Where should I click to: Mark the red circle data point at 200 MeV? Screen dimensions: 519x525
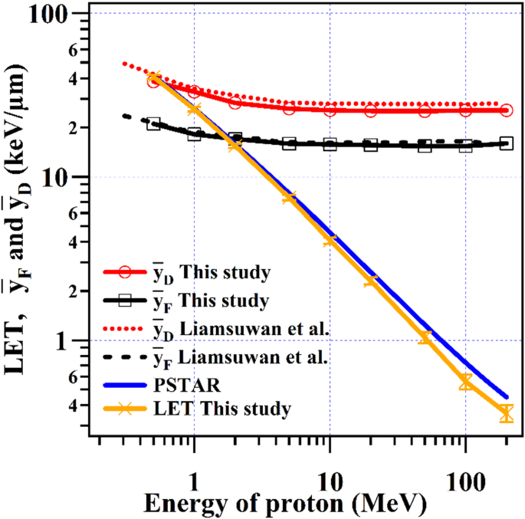[506, 110]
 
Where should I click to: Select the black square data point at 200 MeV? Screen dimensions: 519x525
[506, 143]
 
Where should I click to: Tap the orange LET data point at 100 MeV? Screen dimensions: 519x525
[465, 382]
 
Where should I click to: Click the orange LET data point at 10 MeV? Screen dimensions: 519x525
[330, 240]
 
